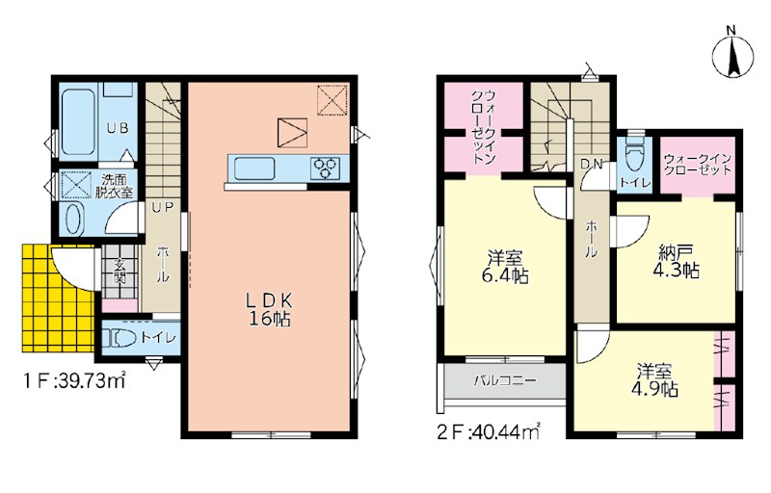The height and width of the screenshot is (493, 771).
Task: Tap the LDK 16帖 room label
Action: [x=270, y=309]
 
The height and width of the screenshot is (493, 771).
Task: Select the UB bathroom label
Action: [x=118, y=128]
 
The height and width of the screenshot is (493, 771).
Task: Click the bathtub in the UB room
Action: [x=78, y=121]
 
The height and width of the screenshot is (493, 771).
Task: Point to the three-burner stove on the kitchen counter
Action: [x=326, y=168]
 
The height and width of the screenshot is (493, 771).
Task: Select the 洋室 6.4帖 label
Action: [x=504, y=266]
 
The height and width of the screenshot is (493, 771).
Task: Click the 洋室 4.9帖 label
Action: [x=655, y=379]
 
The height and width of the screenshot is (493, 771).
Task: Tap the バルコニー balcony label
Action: [x=505, y=380]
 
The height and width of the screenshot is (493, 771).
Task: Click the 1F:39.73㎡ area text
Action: [x=75, y=380]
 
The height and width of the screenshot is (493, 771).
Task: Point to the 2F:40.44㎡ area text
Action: [x=490, y=432]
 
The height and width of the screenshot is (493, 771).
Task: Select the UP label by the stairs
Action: [x=162, y=208]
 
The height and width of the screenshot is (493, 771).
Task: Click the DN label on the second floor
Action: [x=592, y=164]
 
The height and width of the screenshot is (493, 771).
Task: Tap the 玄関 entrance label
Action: [x=120, y=272]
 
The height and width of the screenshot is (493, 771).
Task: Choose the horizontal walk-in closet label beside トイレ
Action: [x=698, y=165]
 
